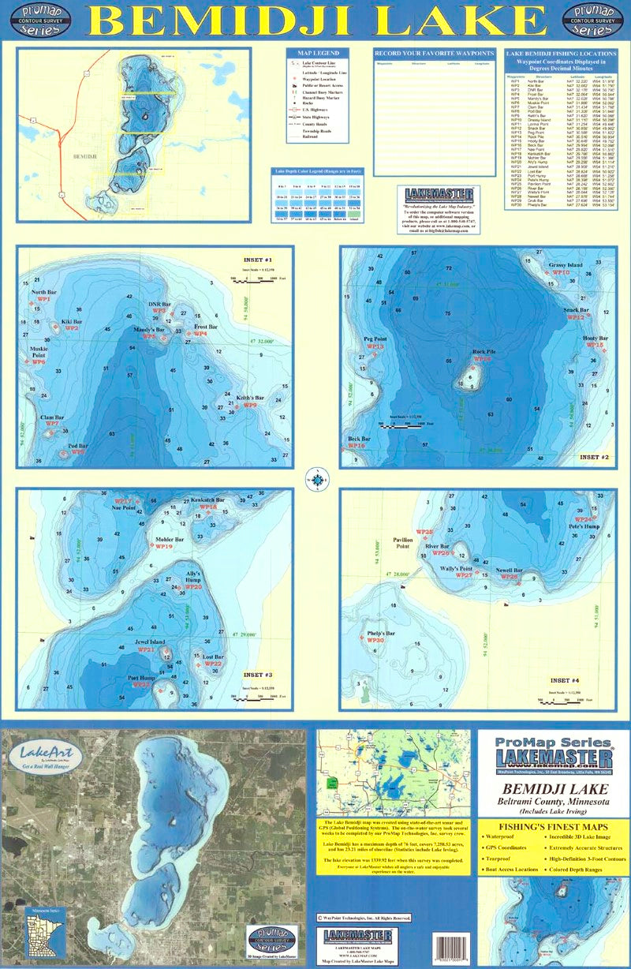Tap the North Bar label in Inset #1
(44, 292)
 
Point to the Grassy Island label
(566, 264)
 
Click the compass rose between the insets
(316, 477)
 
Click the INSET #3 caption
(257, 675)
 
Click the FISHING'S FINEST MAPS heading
(552, 828)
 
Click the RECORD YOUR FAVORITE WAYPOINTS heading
(434, 53)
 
